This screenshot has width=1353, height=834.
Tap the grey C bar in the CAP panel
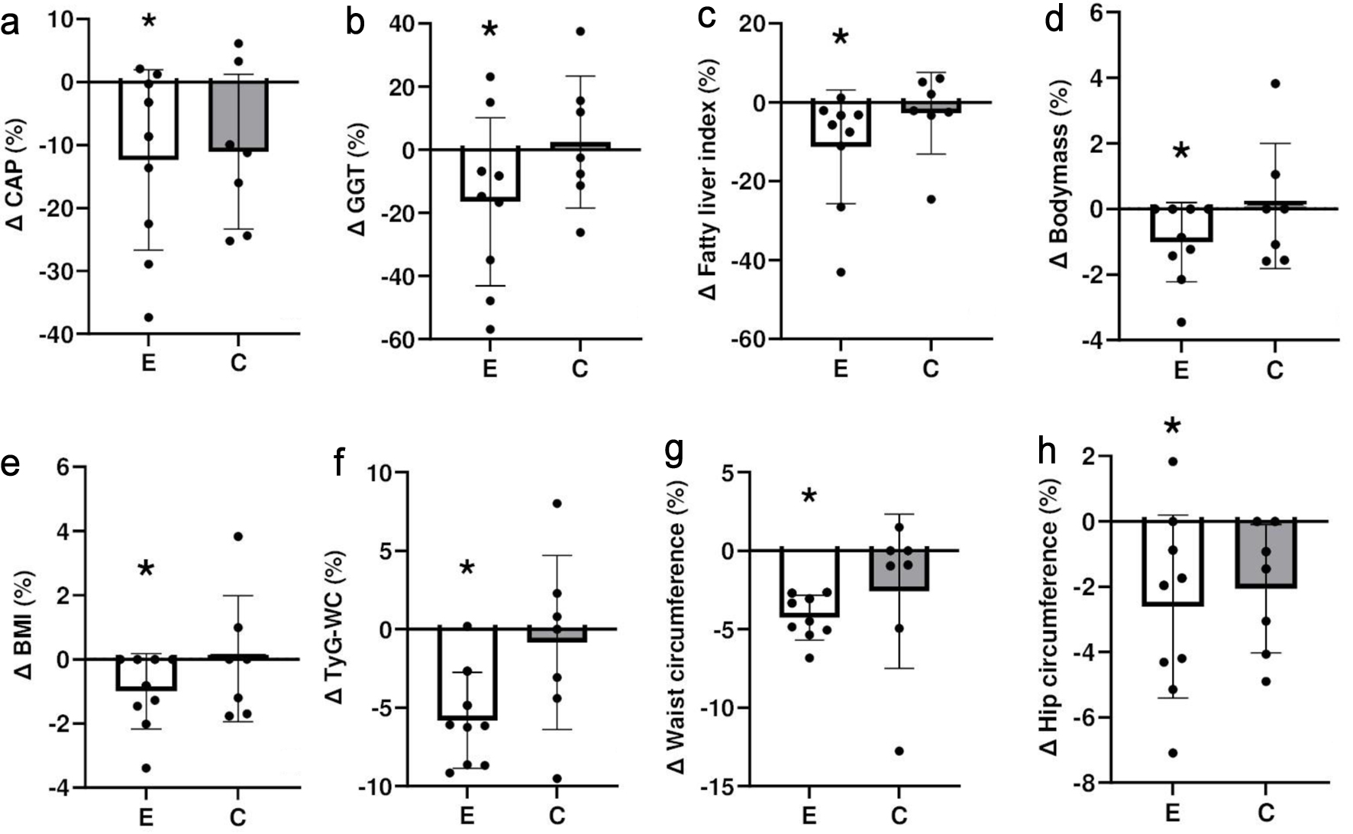238,115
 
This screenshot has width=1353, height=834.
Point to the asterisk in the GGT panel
489,31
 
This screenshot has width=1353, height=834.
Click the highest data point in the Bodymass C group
1274,83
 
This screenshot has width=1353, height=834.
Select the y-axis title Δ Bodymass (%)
1061,175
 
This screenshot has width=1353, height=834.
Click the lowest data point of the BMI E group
147,768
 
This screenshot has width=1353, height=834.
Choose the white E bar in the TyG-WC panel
467,673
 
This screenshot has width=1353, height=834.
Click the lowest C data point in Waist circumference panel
899,751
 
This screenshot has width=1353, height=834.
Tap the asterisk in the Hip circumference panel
1173,427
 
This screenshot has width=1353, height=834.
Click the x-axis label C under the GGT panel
580,370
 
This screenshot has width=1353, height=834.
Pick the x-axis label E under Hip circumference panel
1173,813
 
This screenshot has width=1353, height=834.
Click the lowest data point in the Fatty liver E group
841,272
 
